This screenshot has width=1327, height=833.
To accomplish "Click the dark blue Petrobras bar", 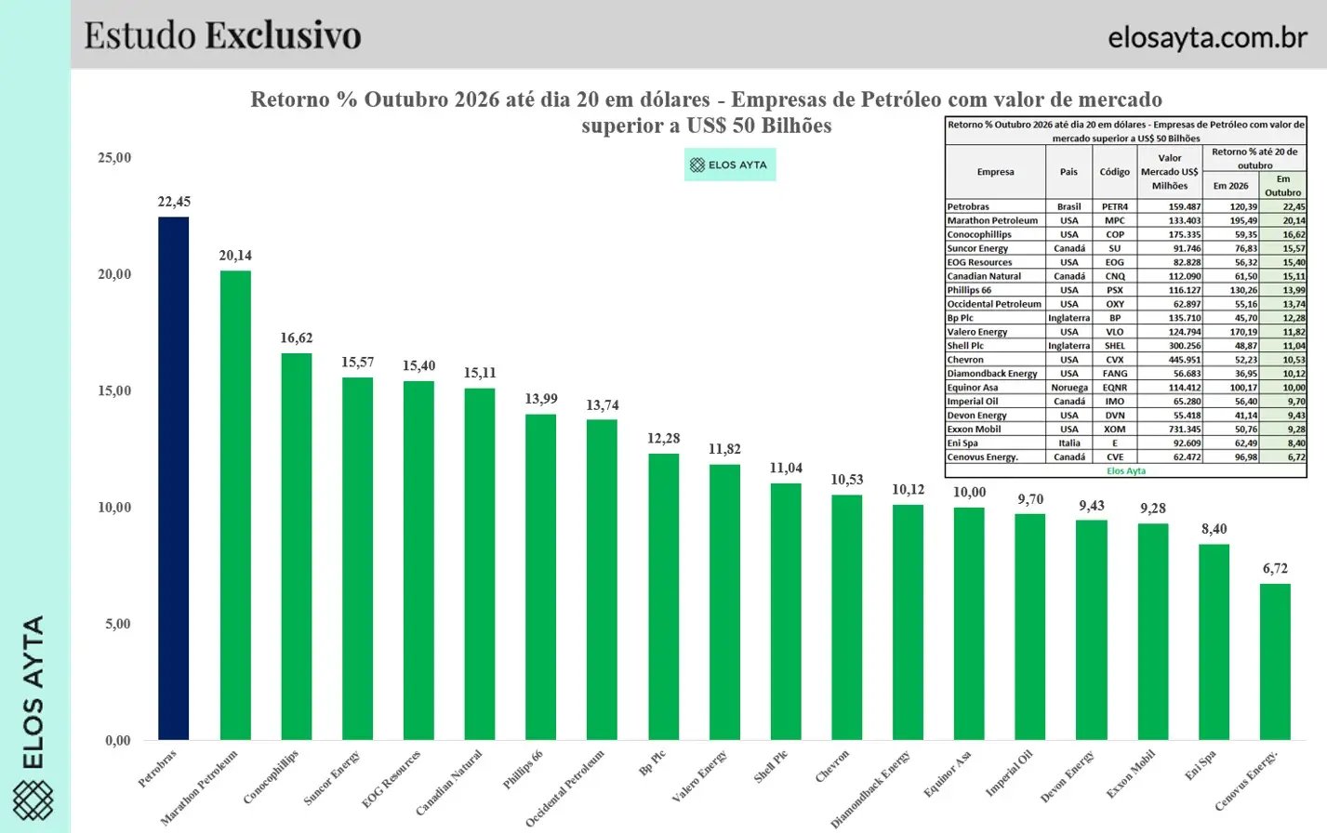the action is [173, 478].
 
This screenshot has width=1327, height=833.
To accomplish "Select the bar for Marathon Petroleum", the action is [235, 506].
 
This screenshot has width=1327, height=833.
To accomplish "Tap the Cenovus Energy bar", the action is [1275, 662].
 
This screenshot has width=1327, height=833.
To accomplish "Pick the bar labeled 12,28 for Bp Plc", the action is [664, 597].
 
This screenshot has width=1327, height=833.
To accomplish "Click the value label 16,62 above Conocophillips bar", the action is [297, 337].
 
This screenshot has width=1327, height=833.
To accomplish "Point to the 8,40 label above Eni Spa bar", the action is [1214, 528].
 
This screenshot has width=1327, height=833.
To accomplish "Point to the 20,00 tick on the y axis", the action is [114, 273].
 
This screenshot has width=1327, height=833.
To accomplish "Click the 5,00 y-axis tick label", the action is [118, 623].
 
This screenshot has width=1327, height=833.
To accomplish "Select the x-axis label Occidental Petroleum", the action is [565, 788].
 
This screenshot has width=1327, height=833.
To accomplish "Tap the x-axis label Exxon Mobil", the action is [1131, 773].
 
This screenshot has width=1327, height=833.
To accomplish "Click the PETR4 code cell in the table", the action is [1115, 206].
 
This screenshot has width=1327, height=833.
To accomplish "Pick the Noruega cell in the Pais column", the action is [1069, 388].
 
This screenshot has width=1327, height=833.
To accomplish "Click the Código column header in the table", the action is [1115, 172].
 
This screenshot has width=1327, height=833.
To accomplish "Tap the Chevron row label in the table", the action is [965, 360].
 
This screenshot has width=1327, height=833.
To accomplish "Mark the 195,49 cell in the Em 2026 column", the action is [1244, 220].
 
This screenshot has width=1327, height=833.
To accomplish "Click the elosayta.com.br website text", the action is [1207, 37].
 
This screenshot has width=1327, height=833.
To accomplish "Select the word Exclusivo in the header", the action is [284, 35].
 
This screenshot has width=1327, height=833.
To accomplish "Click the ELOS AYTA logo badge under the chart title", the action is [730, 165].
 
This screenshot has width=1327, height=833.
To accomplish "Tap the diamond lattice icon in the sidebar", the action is [33, 800].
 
